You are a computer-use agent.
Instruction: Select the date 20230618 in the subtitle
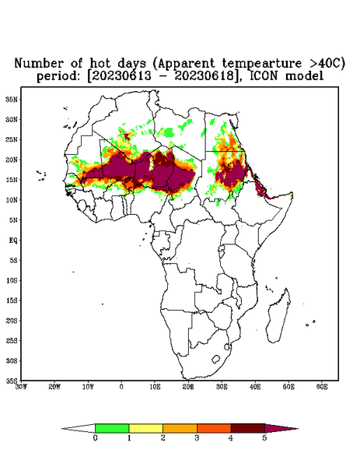[x=204, y=76]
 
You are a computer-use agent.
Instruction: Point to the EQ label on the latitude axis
[x=13, y=240]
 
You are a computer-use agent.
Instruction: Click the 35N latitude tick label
[x=12, y=99]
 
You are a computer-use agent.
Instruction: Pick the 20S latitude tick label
[x=12, y=321]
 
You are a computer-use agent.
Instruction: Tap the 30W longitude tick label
[x=21, y=387]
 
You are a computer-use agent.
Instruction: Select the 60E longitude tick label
[x=322, y=387]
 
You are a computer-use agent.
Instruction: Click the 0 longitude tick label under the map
[x=121, y=387]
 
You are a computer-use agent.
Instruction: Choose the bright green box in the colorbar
[x=112, y=428]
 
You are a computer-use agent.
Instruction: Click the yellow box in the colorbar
[x=145, y=428]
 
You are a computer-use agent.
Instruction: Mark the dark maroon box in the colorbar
[x=248, y=428]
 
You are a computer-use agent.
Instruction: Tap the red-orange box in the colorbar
[x=214, y=428]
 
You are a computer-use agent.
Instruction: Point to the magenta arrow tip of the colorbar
[x=298, y=429]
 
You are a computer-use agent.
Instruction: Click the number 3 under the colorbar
[x=197, y=438]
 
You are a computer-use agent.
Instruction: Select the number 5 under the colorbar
[x=265, y=438]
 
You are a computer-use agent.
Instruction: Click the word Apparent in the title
[x=186, y=64]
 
